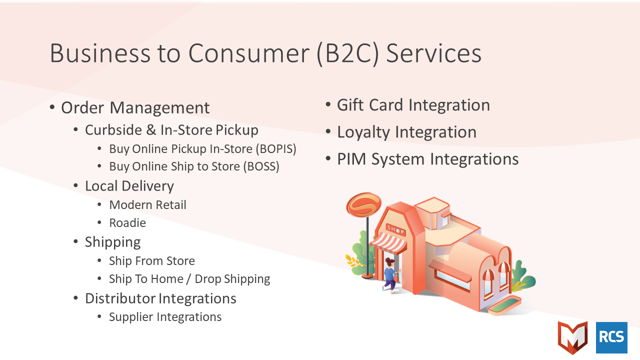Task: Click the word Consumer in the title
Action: (249, 53)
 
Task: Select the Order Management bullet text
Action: (135, 107)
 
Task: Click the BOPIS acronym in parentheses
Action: (275, 149)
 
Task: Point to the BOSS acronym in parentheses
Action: (261, 166)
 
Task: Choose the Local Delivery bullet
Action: (129, 186)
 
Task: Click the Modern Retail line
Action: (147, 205)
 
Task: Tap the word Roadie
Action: (127, 223)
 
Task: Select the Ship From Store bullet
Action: (152, 261)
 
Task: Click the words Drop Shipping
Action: (232, 279)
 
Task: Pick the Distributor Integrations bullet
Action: (160, 298)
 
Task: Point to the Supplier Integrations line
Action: (165, 317)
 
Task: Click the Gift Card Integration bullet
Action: (413, 105)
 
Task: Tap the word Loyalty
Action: (363, 132)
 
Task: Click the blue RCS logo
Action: (611, 337)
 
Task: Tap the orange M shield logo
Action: (573, 337)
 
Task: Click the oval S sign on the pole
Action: (363, 204)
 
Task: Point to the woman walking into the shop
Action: (391, 275)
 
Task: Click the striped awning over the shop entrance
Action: (388, 243)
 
